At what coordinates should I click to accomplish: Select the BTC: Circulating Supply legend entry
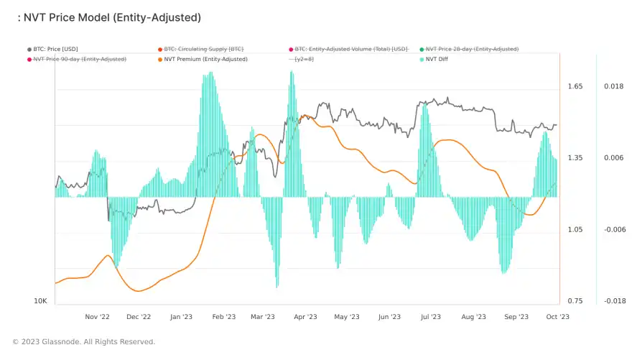point(204,49)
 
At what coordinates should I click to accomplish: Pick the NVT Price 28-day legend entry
point(472,49)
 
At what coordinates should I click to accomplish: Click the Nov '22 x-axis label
point(97,316)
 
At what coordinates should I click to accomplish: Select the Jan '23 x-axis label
point(181,316)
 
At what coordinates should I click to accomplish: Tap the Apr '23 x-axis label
point(306,316)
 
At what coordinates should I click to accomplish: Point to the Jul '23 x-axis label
point(431,316)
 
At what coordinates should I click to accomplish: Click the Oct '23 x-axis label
point(557,316)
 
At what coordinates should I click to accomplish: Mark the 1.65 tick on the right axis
point(575,86)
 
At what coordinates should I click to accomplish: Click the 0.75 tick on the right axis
point(575,301)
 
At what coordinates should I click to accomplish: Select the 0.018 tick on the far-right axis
point(613,86)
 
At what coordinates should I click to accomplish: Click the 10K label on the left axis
point(41,301)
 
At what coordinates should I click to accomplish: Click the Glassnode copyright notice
point(84,341)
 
